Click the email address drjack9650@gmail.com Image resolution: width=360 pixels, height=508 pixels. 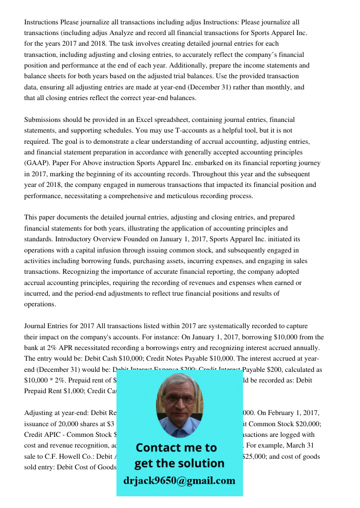[179, 481]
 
